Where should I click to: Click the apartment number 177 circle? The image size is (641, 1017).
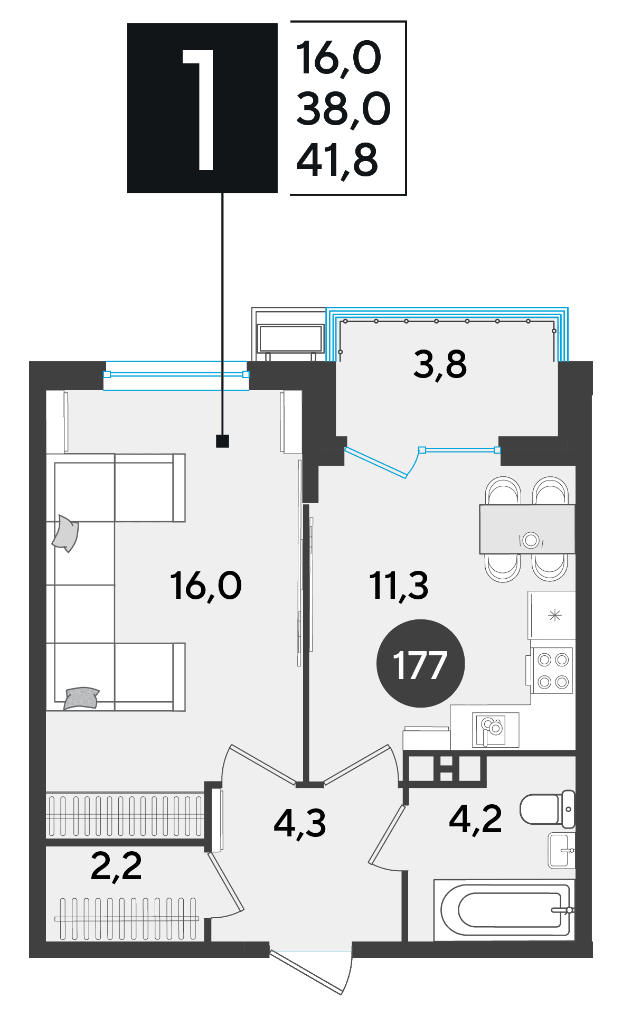[x=420, y=663]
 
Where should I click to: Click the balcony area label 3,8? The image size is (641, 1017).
[x=440, y=364]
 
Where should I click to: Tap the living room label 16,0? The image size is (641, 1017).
[x=206, y=586]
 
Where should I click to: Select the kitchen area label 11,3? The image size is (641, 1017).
[x=399, y=586]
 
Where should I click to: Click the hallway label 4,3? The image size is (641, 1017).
[x=300, y=823]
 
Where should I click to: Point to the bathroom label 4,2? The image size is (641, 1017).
[x=475, y=819]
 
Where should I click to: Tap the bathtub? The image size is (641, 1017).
[x=504, y=910]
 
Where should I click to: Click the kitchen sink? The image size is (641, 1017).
[x=495, y=730]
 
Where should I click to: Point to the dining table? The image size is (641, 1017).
[x=527, y=529]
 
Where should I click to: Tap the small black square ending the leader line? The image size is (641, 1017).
[x=223, y=441]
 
